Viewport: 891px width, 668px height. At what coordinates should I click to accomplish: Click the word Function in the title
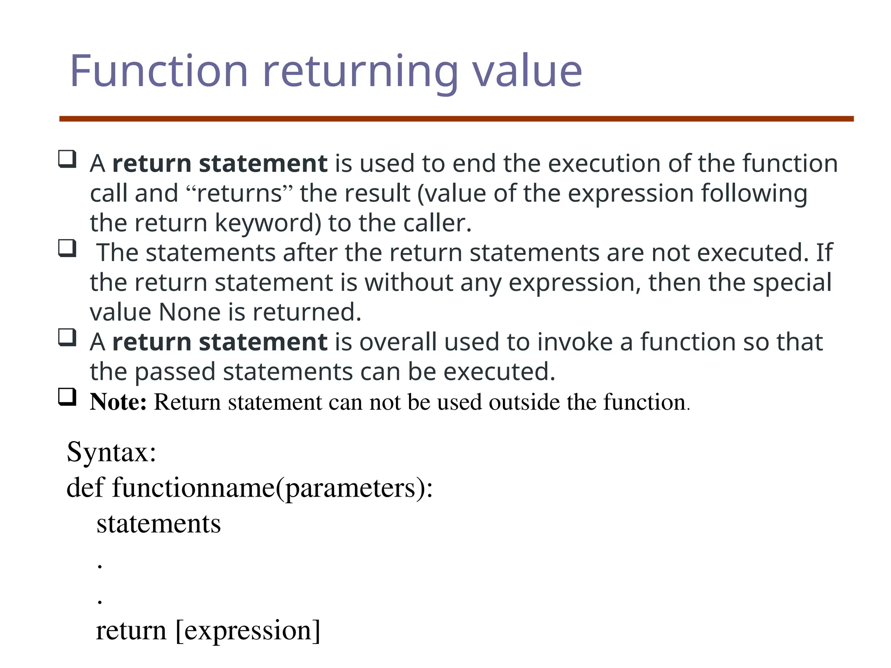(159, 71)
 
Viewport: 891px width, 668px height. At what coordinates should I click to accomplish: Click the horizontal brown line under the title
(456, 119)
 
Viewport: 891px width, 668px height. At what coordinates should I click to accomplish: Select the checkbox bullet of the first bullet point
(67, 159)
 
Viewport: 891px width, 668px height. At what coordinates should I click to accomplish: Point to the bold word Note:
(118, 402)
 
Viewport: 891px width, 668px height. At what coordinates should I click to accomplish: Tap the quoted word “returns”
(239, 194)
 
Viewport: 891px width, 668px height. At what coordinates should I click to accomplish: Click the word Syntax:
(111, 452)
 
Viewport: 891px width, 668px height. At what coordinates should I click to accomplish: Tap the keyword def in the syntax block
(85, 488)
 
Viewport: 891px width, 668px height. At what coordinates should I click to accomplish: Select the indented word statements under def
(158, 524)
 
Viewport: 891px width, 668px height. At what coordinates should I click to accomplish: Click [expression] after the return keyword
(248, 631)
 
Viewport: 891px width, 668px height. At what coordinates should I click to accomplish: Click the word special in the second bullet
(792, 283)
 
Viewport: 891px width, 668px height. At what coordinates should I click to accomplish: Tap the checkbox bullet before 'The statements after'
(67, 248)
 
